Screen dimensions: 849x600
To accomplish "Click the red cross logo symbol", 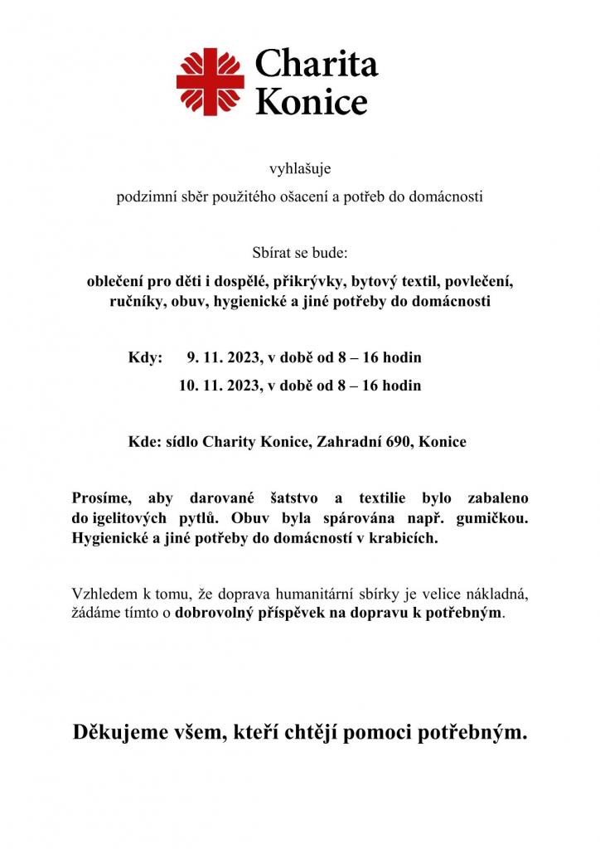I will point(210,82).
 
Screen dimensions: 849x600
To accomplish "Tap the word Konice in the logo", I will point(311,101).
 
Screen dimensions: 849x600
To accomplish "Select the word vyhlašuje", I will point(300,169).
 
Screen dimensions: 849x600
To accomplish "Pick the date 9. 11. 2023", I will point(220,358).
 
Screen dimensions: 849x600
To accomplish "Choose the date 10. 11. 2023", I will point(217,386).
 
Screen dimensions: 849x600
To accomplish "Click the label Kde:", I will point(144,442).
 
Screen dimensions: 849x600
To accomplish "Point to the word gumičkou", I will point(493,518).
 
